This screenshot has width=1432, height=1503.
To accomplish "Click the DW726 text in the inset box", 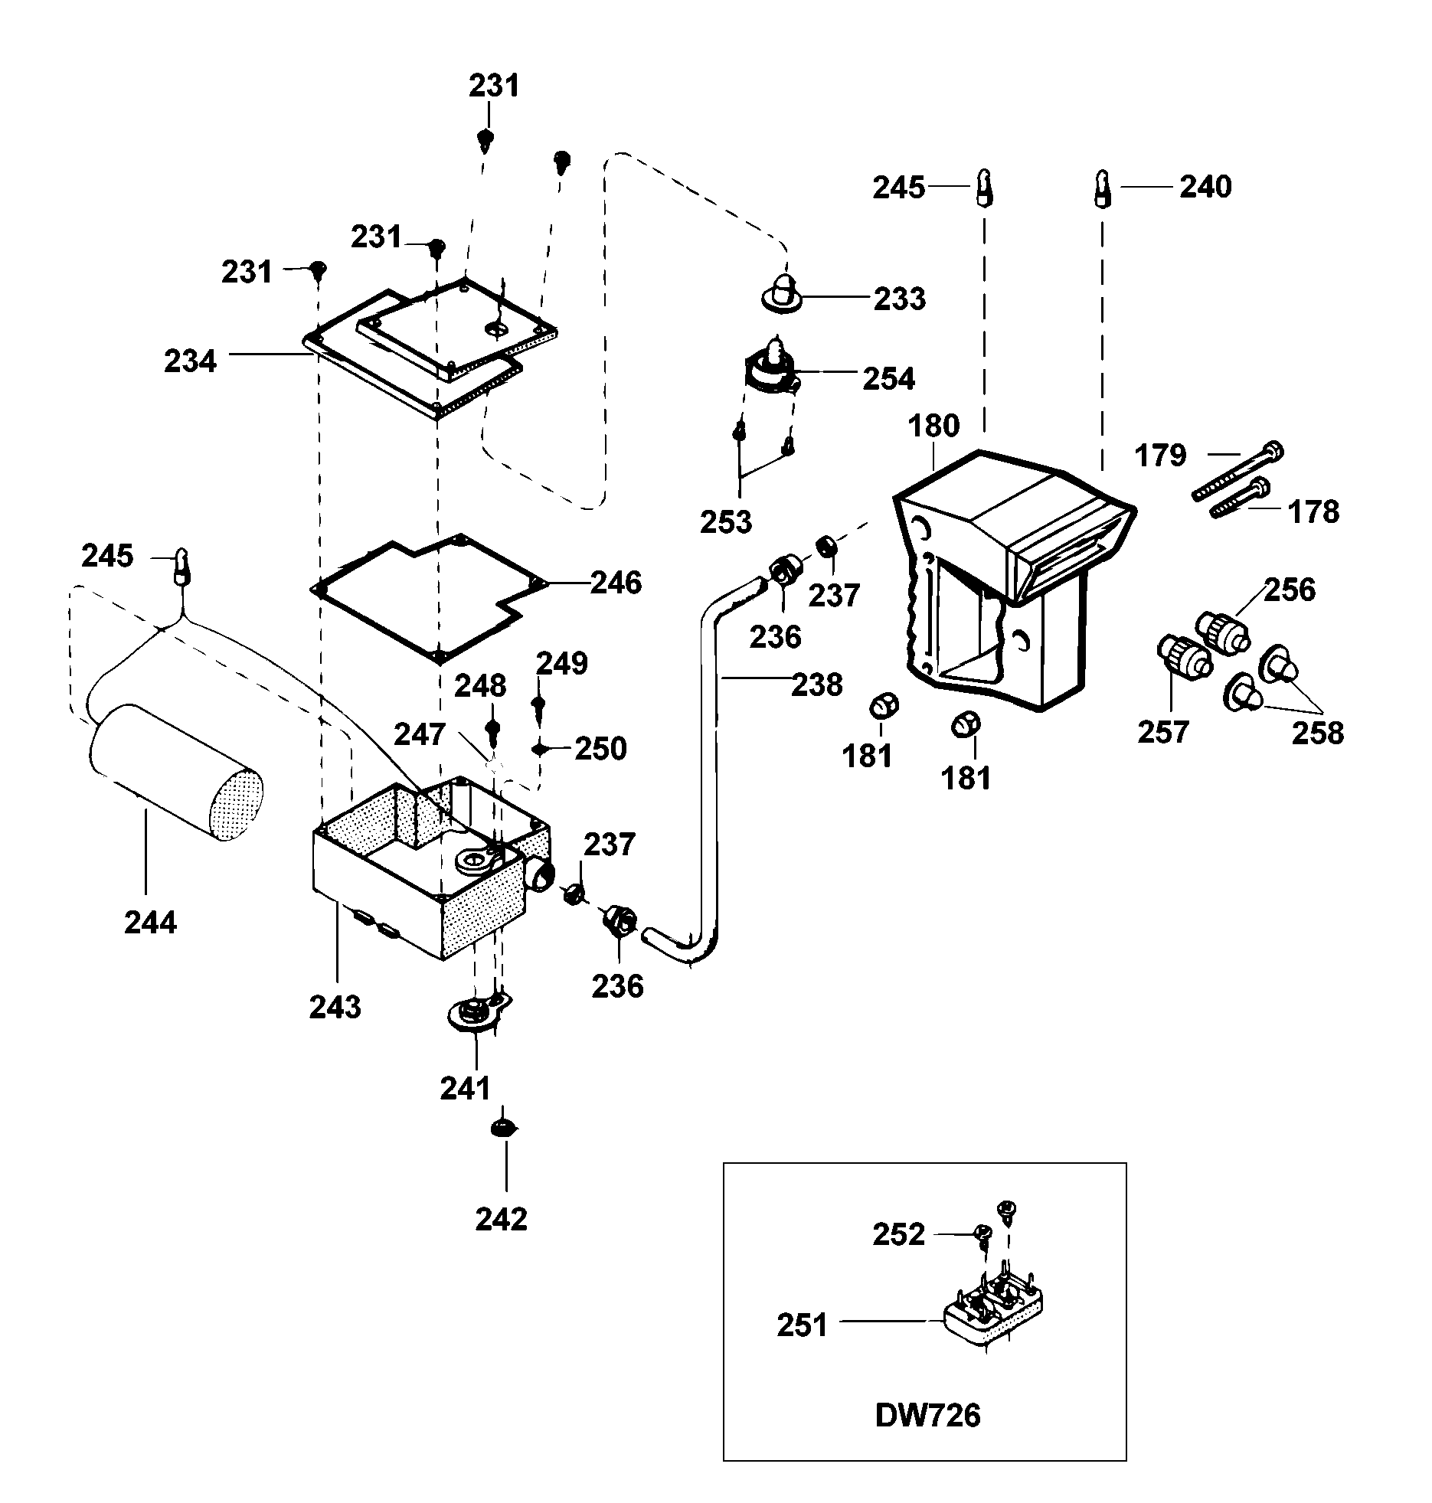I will (x=927, y=1416).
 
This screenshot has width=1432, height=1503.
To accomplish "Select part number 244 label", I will (x=150, y=923).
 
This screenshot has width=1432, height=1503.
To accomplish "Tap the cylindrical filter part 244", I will (x=176, y=773).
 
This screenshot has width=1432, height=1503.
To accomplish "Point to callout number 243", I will (x=335, y=1007).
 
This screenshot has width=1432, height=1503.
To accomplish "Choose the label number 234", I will (x=191, y=361).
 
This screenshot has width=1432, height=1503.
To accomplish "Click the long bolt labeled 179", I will (x=1237, y=472).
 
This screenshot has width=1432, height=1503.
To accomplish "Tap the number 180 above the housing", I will (x=933, y=426).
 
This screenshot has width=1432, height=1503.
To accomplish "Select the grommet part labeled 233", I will (x=781, y=294).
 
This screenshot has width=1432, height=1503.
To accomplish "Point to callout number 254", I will (x=888, y=378).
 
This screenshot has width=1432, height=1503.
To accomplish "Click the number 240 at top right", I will (x=1205, y=187).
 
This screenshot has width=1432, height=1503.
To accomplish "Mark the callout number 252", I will (x=898, y=1234).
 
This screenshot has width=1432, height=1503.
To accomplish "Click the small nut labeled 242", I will (x=502, y=1127).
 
